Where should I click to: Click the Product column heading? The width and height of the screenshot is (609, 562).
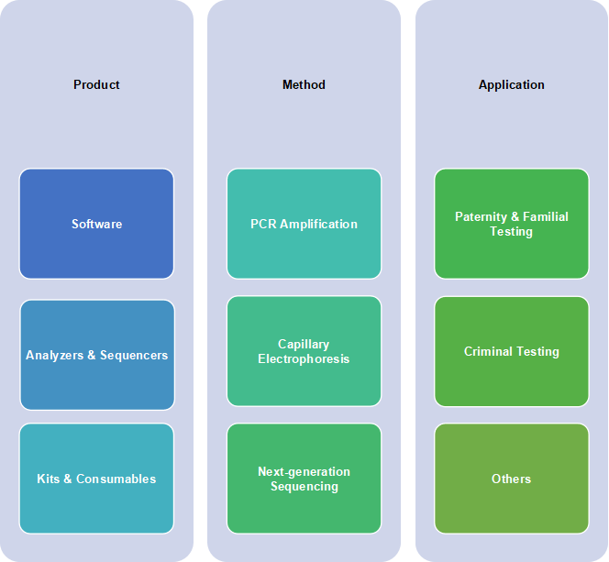click(x=96, y=84)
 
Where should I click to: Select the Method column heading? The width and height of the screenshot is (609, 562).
click(x=304, y=84)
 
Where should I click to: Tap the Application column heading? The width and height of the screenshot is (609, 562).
click(x=511, y=85)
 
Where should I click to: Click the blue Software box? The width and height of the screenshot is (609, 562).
click(x=96, y=224)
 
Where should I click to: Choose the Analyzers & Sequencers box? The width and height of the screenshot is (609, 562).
click(x=97, y=355)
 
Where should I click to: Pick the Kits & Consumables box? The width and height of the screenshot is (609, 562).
click(x=96, y=479)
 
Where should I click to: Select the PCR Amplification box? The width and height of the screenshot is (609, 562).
click(x=304, y=224)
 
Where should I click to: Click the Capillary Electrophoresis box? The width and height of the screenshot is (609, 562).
click(x=304, y=351)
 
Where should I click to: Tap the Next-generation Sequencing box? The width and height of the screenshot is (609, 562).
click(x=304, y=479)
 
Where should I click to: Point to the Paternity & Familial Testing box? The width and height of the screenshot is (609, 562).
click(x=512, y=224)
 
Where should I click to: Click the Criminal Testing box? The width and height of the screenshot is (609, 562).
click(x=512, y=352)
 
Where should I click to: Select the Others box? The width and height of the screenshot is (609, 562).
click(x=512, y=479)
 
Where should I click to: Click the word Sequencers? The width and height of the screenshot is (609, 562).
click(x=134, y=355)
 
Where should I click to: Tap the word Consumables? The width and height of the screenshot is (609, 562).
click(x=116, y=479)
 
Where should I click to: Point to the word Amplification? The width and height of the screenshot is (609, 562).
click(x=318, y=224)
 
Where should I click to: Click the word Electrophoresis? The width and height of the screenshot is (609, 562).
click(x=304, y=359)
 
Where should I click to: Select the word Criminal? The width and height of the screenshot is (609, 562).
click(x=488, y=351)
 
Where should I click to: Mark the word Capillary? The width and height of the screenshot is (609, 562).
click(x=304, y=345)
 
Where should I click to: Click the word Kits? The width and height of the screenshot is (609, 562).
click(x=49, y=479)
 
